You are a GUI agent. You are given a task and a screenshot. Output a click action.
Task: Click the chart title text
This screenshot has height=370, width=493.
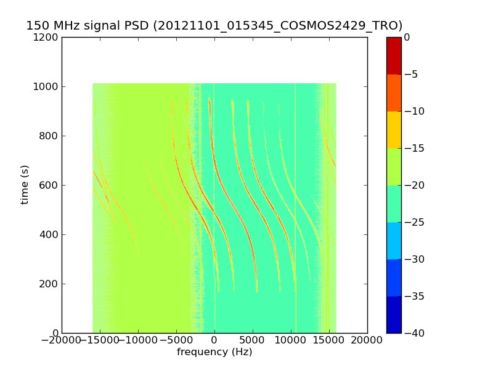tap(214, 25)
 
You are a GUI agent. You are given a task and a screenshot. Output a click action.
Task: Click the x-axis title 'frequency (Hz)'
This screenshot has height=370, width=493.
tap(214, 352)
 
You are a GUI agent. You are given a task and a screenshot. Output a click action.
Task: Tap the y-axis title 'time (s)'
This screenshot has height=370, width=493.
tap(25, 184)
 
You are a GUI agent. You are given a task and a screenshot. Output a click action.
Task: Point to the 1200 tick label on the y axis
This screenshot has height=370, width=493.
tap(47, 37)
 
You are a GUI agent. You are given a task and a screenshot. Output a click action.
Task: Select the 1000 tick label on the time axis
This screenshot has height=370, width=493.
tap(47, 86)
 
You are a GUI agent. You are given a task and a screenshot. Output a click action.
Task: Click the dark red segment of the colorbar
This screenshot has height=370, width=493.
tap(394, 55)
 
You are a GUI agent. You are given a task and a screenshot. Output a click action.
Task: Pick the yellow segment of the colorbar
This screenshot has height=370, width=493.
tap(394, 129)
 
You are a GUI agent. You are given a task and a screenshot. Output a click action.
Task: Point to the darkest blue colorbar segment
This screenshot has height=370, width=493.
tap(394, 314)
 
